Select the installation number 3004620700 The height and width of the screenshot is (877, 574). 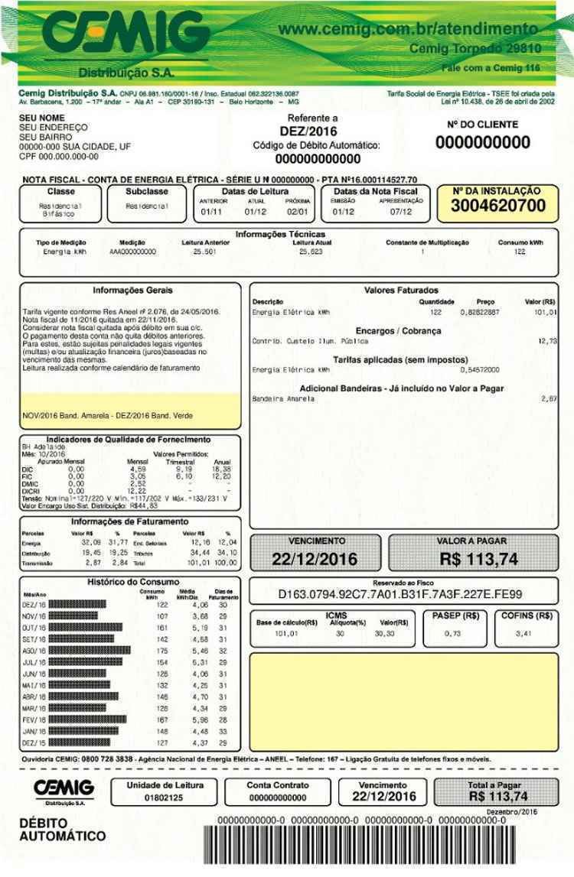click(x=498, y=206)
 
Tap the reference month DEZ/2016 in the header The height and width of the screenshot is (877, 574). click(x=312, y=131)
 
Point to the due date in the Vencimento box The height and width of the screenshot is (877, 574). click(x=315, y=559)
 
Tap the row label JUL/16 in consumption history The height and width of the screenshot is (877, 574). click(x=35, y=662)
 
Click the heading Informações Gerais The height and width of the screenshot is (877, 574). click(x=132, y=291)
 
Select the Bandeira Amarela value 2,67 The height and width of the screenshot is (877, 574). click(x=548, y=399)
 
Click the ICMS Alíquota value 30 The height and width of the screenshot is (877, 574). click(x=339, y=633)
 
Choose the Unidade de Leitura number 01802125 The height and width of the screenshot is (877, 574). click(x=164, y=798)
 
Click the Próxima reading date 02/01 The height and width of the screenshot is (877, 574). click(x=297, y=211)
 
